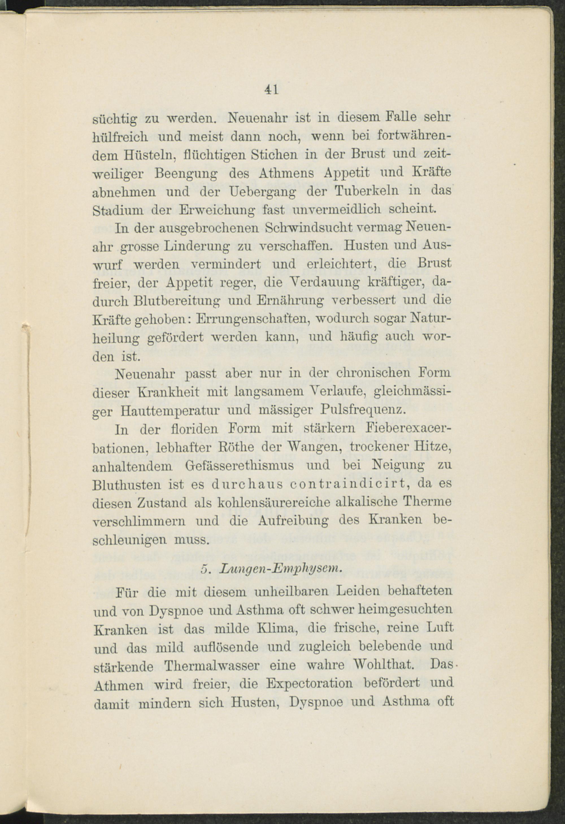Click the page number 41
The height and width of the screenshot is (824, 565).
click(271, 89)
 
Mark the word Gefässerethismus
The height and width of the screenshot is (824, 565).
click(239, 465)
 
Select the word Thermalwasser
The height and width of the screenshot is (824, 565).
click(212, 666)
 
